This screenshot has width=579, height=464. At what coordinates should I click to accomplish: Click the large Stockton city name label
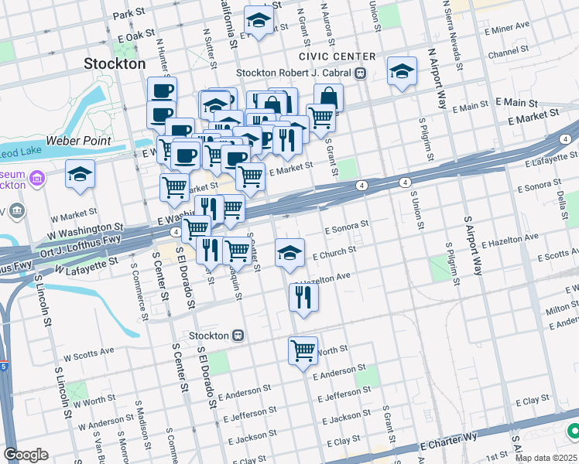click(x=115, y=63)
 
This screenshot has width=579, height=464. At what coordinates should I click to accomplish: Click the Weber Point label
click(x=78, y=142)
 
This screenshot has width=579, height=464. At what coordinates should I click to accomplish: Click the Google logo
click(x=26, y=455)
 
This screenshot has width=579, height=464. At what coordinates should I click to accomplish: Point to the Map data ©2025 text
click(x=546, y=458)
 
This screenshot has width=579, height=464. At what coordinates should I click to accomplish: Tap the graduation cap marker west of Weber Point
click(x=80, y=175)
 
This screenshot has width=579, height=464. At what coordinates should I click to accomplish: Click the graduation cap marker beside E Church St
click(x=289, y=253)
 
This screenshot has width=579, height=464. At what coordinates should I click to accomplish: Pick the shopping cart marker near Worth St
click(x=303, y=350)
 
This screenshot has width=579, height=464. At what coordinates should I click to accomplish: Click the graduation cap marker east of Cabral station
click(x=401, y=72)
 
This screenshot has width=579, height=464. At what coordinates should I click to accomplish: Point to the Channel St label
click(x=508, y=54)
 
